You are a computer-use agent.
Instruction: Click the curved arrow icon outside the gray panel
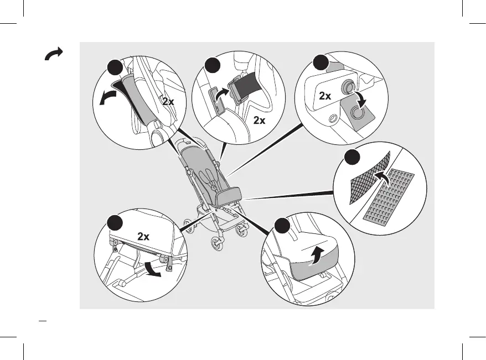point(54,54)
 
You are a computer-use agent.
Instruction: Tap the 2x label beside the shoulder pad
point(168,102)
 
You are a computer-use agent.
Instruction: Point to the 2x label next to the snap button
point(325,96)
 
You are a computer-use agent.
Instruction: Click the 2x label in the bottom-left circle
point(143,236)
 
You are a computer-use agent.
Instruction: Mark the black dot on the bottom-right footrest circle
point(282,226)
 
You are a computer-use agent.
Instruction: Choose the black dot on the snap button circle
point(320,62)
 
